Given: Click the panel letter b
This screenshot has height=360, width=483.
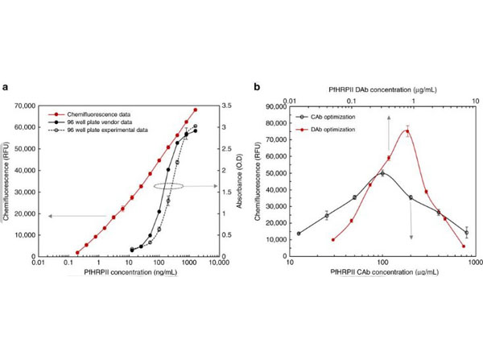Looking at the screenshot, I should point(257,88).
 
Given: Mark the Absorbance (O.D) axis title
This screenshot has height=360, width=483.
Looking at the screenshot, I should point(239,181).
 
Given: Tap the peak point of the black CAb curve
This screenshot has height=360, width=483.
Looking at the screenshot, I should point(382,173).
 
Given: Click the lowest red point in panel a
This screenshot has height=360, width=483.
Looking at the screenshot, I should point(77,252).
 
